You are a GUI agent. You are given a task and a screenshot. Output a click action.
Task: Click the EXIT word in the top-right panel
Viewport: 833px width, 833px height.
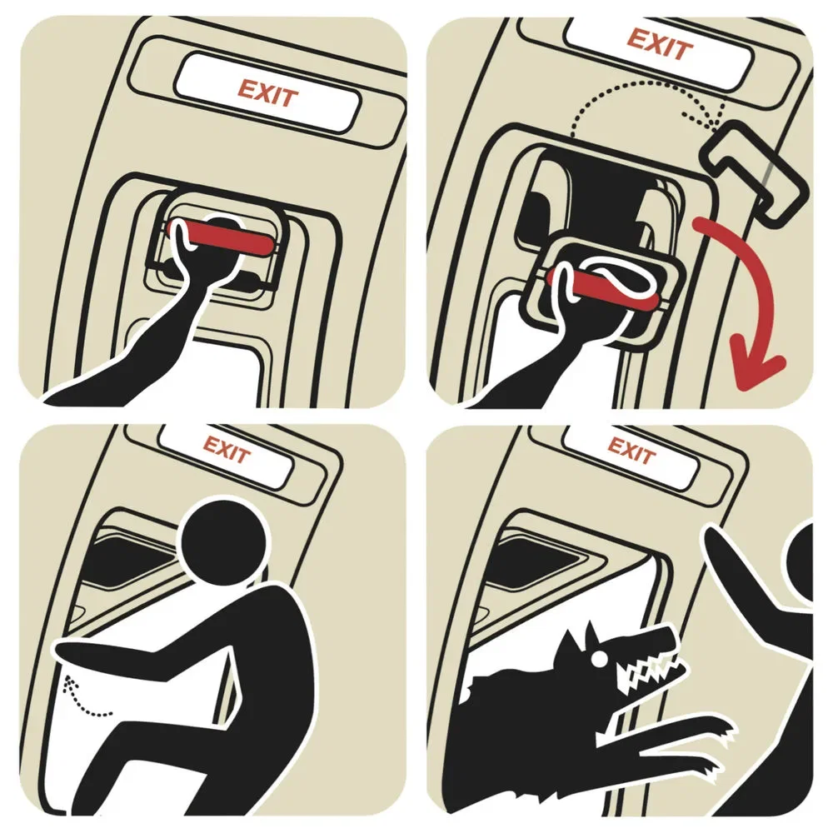point(660,44)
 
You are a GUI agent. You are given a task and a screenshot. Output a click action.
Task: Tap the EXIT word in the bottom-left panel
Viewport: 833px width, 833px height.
point(227,450)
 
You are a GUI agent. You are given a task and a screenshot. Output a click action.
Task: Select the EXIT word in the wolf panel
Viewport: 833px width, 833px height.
point(631,451)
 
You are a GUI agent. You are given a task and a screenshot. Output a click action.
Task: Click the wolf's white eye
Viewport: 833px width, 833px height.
point(600,659)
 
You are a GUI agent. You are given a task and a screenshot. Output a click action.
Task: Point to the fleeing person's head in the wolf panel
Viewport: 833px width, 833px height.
point(799,564)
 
